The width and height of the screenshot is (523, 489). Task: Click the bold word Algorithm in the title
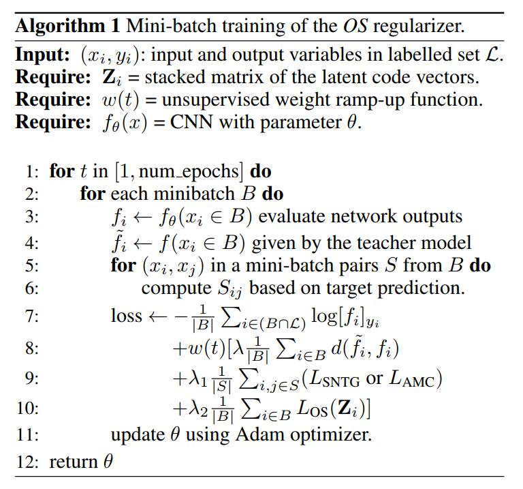60,26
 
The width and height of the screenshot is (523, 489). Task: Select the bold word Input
42,55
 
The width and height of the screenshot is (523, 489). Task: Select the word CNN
191,122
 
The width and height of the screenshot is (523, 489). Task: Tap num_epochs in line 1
188,173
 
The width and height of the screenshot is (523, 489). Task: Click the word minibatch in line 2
195,194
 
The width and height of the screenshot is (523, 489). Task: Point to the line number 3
31,217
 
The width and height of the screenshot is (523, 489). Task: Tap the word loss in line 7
126,316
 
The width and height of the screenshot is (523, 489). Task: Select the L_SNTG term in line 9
334,379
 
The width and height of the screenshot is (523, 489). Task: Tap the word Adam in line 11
259,434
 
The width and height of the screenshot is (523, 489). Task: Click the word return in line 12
73,462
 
